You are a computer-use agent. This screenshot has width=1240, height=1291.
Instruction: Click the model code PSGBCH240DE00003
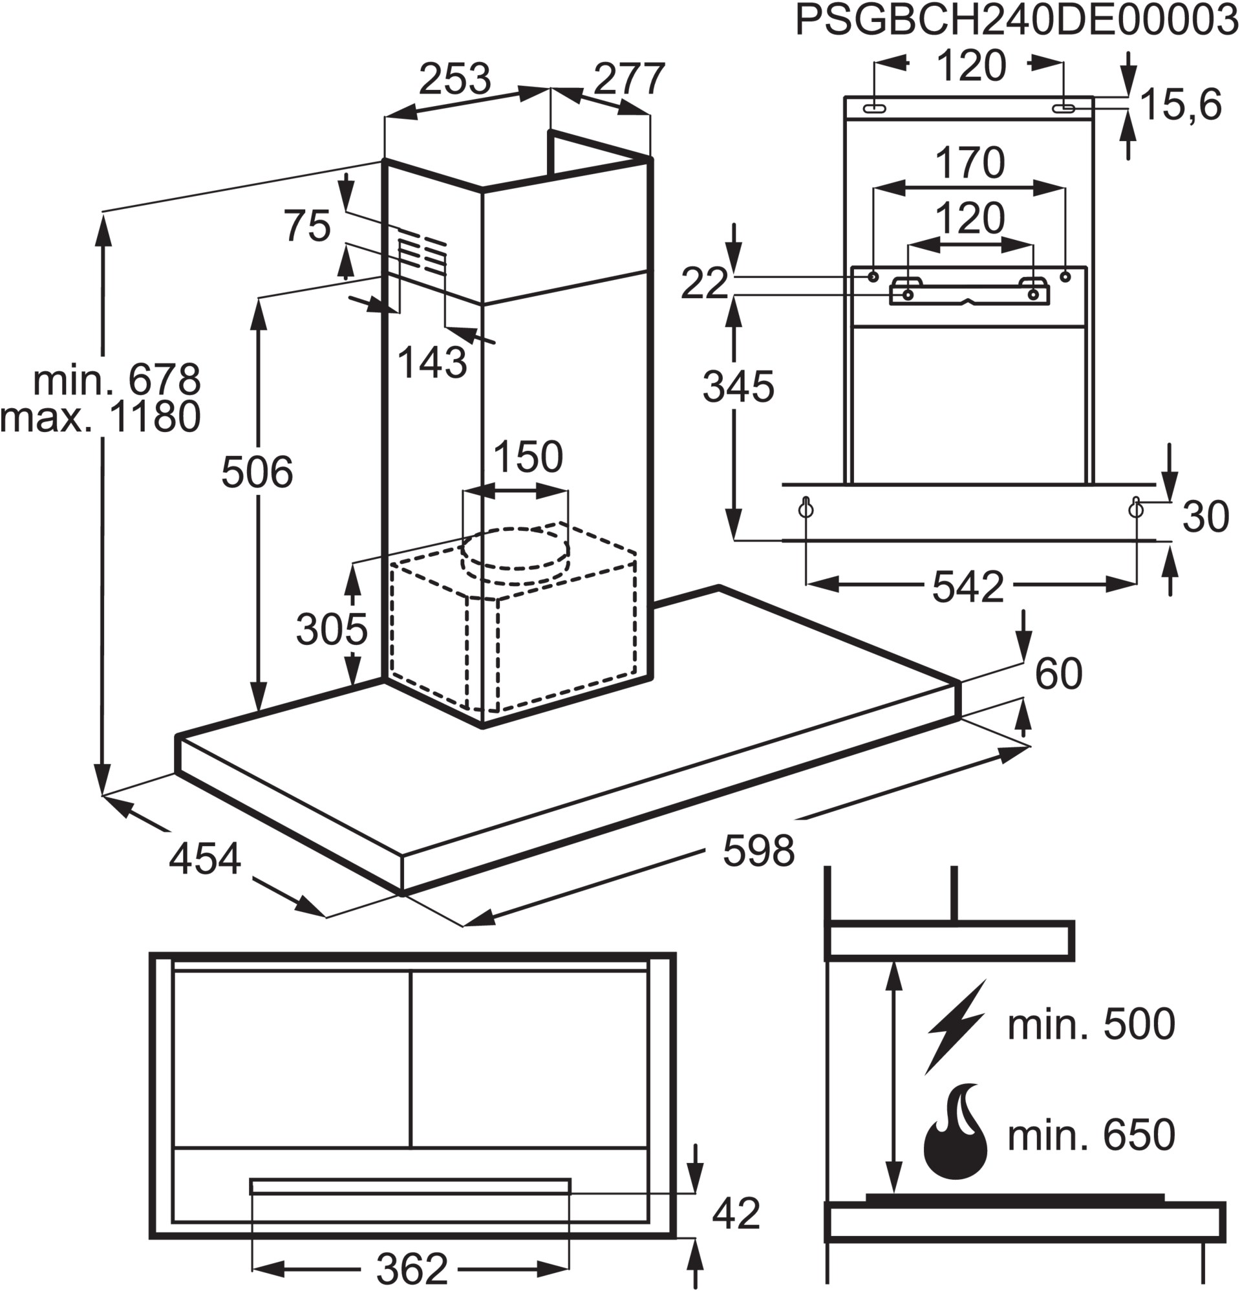[1016, 22]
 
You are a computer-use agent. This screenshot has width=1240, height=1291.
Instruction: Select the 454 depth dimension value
[205, 860]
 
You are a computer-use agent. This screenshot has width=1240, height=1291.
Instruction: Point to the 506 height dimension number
[257, 472]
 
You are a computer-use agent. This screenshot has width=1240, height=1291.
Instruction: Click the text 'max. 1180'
[101, 417]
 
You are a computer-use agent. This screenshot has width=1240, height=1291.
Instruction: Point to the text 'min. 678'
[116, 380]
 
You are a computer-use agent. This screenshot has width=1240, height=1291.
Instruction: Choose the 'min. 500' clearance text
[1091, 1025]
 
